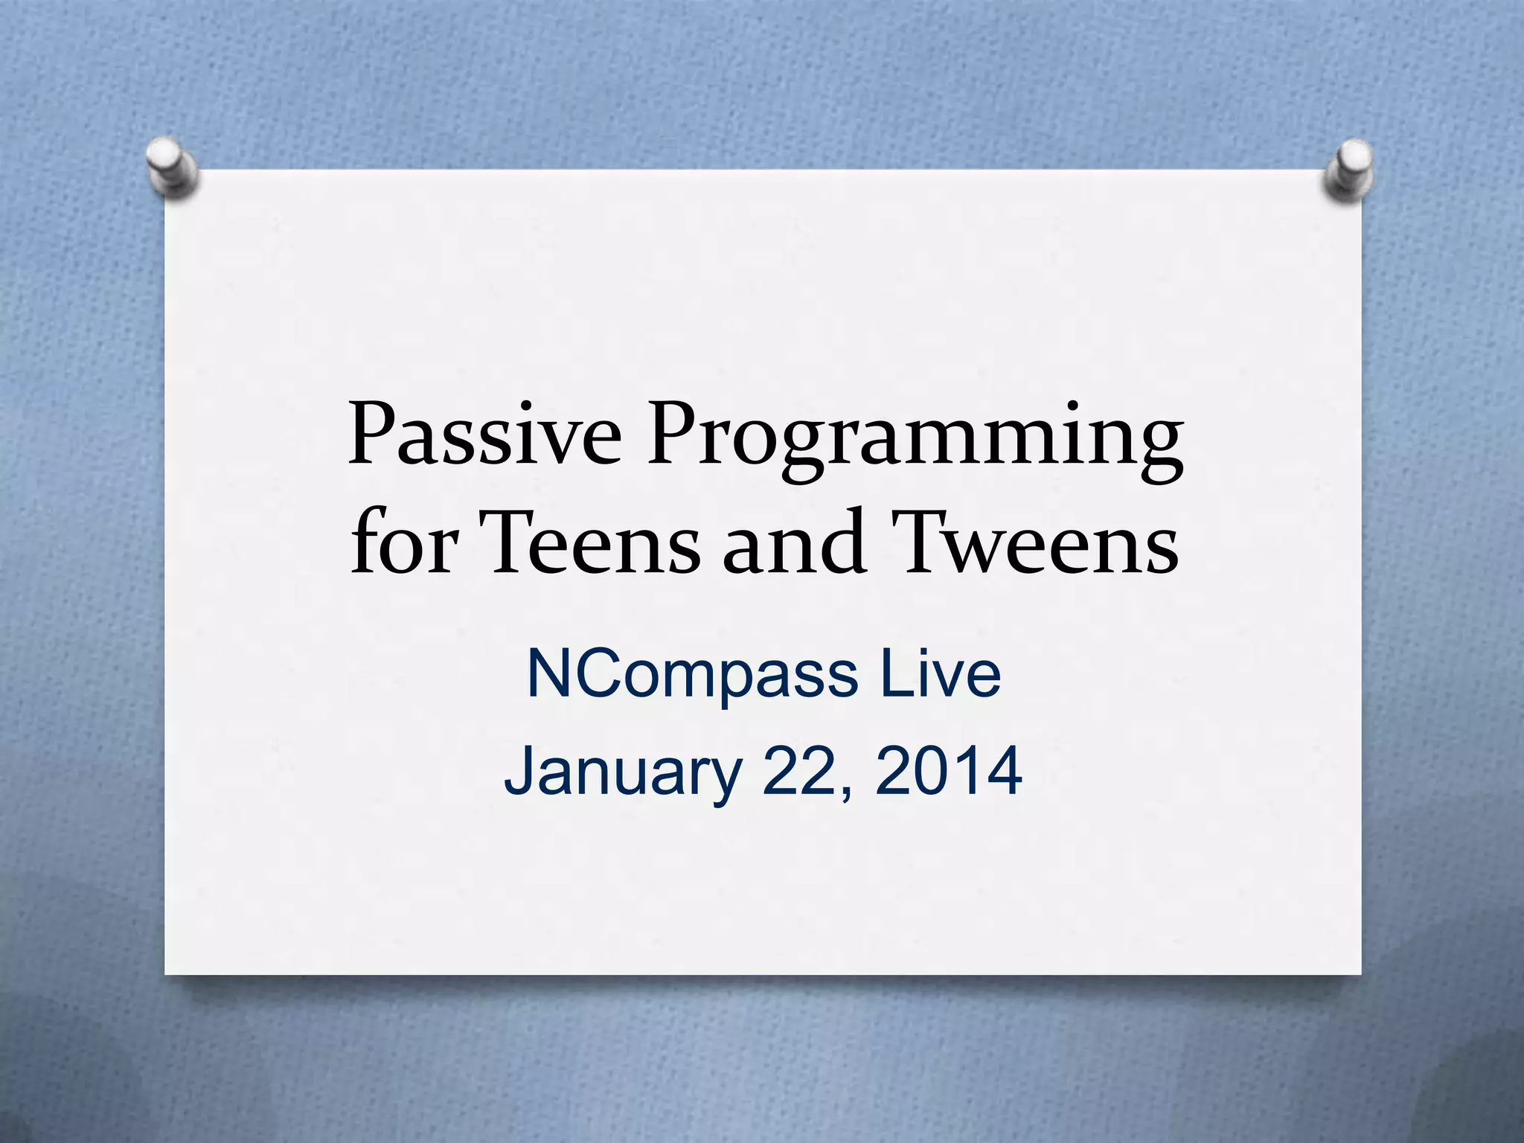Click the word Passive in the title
(484, 435)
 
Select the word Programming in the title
(915, 439)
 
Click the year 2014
(948, 771)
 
